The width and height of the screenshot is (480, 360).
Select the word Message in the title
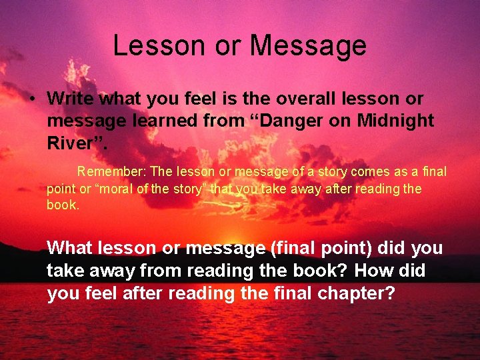click(x=308, y=45)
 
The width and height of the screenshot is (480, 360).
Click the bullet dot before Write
click(x=31, y=99)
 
